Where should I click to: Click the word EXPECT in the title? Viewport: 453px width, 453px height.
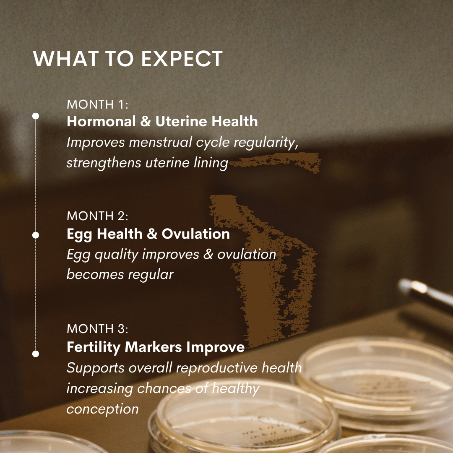182,59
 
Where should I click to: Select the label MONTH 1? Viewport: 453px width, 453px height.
97,104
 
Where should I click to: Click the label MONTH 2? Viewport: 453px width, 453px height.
97,216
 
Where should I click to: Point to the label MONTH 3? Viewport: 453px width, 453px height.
97,328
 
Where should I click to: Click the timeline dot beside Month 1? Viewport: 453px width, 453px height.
36,116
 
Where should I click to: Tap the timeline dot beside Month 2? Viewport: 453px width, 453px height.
36,235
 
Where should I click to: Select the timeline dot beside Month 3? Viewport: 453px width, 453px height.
36,354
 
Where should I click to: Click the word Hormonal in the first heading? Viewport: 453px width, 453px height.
101,121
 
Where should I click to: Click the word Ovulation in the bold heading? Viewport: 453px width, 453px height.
195,234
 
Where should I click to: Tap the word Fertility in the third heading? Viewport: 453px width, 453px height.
94,347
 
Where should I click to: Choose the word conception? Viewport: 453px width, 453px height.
103,409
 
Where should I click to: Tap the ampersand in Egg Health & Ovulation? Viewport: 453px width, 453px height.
152,234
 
